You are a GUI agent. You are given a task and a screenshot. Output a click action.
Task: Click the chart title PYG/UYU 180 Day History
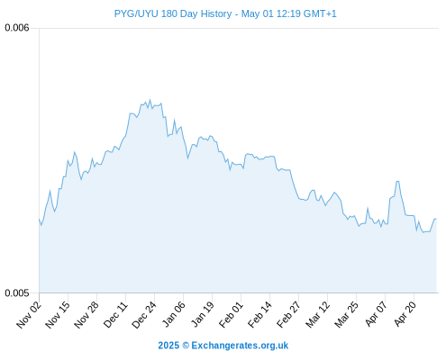pyautogui.click(x=173, y=13)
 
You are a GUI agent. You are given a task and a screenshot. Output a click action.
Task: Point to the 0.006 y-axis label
pyautogui.click(x=17, y=28)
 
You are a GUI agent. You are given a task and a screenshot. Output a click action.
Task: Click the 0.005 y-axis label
pyautogui.click(x=17, y=292)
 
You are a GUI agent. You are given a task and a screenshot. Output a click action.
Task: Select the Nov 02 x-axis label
pyautogui.click(x=29, y=315)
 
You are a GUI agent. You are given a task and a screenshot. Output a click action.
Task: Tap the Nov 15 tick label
pyautogui.click(x=58, y=315)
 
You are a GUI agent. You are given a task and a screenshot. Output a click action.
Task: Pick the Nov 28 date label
pyautogui.click(x=86, y=315)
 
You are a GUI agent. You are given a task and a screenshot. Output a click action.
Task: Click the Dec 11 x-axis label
pyautogui.click(x=115, y=315)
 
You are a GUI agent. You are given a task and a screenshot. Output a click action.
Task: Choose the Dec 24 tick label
pyautogui.click(x=144, y=315)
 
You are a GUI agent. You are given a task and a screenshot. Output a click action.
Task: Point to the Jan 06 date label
pyautogui.click(x=174, y=315)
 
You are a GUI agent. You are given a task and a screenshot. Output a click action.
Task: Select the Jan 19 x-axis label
pyautogui.click(x=203, y=315)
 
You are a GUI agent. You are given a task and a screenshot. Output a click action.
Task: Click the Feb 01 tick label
pyautogui.click(x=231, y=315)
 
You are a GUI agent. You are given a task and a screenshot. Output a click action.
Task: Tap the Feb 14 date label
pyautogui.click(x=259, y=315)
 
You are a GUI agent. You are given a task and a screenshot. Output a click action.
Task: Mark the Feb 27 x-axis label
pyautogui.click(x=288, y=315)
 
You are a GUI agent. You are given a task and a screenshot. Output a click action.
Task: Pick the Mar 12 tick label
pyautogui.click(x=317, y=315)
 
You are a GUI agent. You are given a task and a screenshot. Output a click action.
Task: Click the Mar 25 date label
pyautogui.click(x=346, y=315)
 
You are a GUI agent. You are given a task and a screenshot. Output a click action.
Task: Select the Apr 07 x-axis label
pyautogui.click(x=376, y=315)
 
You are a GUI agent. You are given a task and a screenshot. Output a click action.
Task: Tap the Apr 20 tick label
pyautogui.click(x=405, y=315)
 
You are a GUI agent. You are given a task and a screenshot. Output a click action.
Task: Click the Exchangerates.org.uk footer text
pyautogui.click(x=240, y=346)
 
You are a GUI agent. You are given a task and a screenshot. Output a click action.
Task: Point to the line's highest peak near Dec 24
pyautogui.click(x=150, y=100)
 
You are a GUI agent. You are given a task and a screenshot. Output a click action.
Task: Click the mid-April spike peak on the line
pyautogui.click(x=397, y=181)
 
